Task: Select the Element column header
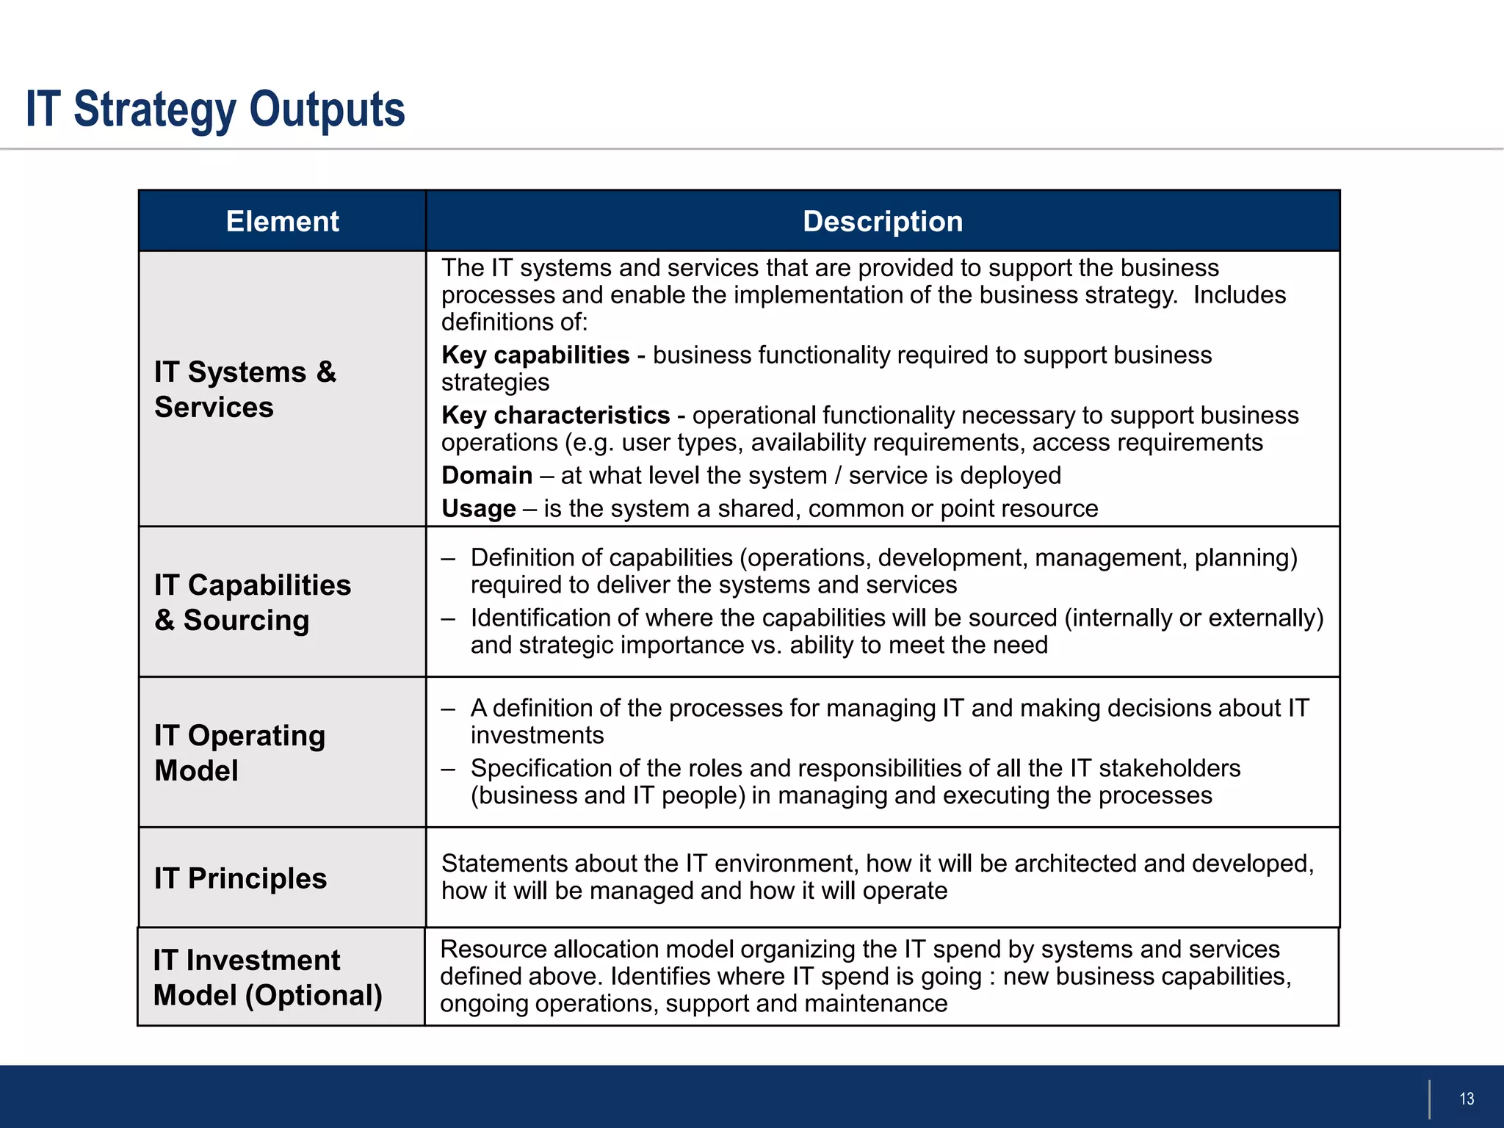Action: click(x=282, y=221)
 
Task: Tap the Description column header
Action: click(x=882, y=221)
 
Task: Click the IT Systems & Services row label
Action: click(x=245, y=389)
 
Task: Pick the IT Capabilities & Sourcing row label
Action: click(x=252, y=602)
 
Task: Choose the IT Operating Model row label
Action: click(x=239, y=753)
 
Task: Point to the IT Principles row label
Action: click(x=240, y=878)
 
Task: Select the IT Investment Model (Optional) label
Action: click(x=267, y=977)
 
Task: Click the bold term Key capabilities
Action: click(x=535, y=355)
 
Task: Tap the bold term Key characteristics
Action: click(x=555, y=416)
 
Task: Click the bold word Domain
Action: click(x=487, y=476)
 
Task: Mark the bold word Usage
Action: click(x=479, y=509)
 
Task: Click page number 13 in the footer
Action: click(x=1467, y=1099)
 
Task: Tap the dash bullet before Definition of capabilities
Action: click(x=449, y=559)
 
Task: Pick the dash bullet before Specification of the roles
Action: click(x=449, y=769)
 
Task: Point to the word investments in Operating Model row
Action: click(x=537, y=736)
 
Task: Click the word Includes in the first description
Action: click(x=1239, y=295)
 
